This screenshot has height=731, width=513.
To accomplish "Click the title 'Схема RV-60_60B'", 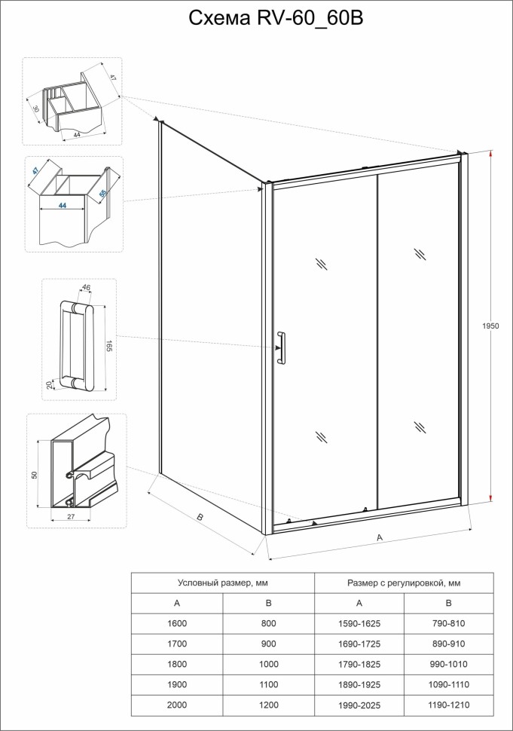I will click(x=276, y=19).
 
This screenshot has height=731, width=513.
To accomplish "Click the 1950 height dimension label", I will click(x=490, y=326).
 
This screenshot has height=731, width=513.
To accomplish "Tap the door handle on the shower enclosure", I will click(x=281, y=348).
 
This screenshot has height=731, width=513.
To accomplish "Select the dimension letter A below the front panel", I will click(x=380, y=537).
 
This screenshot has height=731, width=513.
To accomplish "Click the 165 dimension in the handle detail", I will click(x=109, y=346).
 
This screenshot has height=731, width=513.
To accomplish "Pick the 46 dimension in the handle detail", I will click(x=86, y=288).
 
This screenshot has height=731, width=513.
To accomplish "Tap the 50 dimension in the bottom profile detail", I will click(x=34, y=476).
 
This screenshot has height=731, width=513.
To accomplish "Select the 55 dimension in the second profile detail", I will click(x=103, y=194).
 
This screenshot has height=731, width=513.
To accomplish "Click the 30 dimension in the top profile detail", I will click(x=35, y=108).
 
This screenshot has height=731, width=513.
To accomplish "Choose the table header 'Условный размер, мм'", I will click(x=222, y=583).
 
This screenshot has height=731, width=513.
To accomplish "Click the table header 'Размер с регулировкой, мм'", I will click(x=404, y=583).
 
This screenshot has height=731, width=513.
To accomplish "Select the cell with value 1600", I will click(x=177, y=623).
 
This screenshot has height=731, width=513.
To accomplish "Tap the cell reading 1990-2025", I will click(x=359, y=705).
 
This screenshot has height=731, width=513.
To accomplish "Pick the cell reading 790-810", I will click(x=448, y=623).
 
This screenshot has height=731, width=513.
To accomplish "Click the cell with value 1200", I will click(x=267, y=705).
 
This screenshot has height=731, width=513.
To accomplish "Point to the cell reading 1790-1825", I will click(x=359, y=664).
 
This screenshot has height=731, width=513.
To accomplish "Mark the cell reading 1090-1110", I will click(x=448, y=684).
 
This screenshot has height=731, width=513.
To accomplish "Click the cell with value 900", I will click(x=267, y=644).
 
